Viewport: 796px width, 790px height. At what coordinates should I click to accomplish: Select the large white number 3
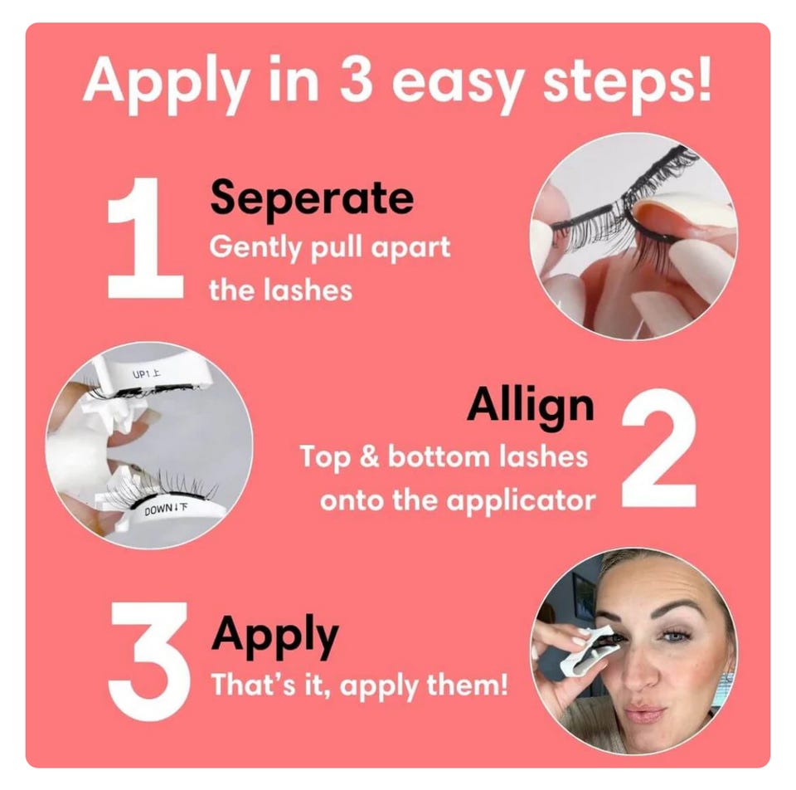coord(148,661)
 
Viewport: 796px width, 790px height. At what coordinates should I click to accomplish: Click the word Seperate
coord(312,197)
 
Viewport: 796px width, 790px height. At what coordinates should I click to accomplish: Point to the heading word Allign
coord(530,406)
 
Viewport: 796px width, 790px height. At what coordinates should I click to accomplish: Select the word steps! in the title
coord(628,80)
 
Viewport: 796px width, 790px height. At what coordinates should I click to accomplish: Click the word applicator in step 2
coord(521,501)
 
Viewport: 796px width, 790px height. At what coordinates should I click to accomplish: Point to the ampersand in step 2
coord(370,456)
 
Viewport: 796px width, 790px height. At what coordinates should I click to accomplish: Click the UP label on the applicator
coord(141,374)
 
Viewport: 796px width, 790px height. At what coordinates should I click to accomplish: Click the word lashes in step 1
coord(308,291)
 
